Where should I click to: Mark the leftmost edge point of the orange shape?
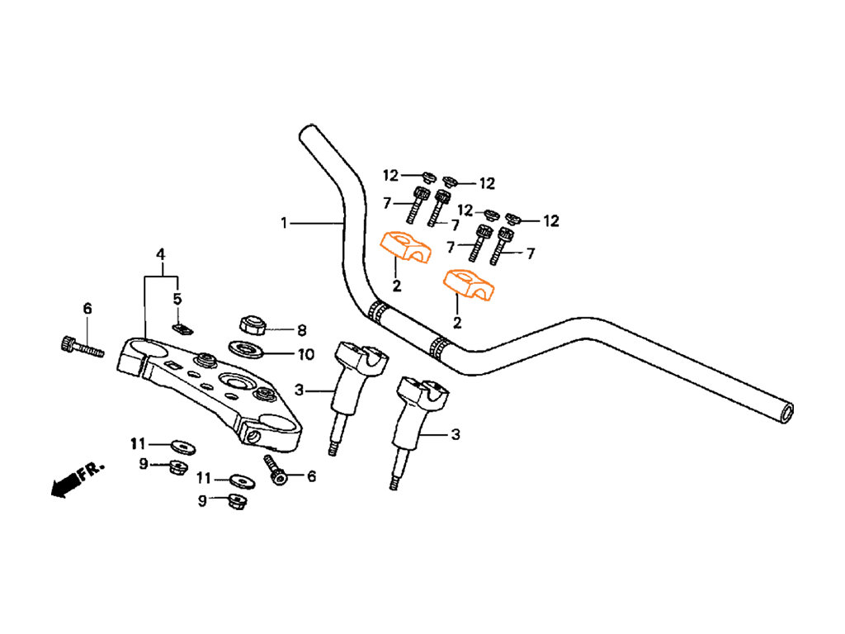373,244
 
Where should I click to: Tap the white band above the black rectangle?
422,62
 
